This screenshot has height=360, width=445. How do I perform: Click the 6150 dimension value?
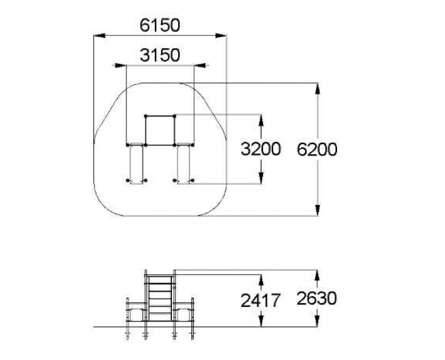pos(160,25)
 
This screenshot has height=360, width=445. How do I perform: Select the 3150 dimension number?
pos(160,55)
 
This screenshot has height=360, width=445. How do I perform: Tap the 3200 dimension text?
pos(260,149)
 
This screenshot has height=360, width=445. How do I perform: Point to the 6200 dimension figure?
pos(317,149)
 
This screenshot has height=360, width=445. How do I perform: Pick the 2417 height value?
pos(260,300)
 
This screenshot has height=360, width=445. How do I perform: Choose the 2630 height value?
pos(317,298)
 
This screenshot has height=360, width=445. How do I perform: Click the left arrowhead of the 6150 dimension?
pos(99,35)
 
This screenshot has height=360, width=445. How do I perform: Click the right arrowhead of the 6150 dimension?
pos(221,35)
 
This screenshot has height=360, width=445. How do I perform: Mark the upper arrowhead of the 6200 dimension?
pos(317,88)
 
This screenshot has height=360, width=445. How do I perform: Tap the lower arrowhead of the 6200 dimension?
pos(317,210)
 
